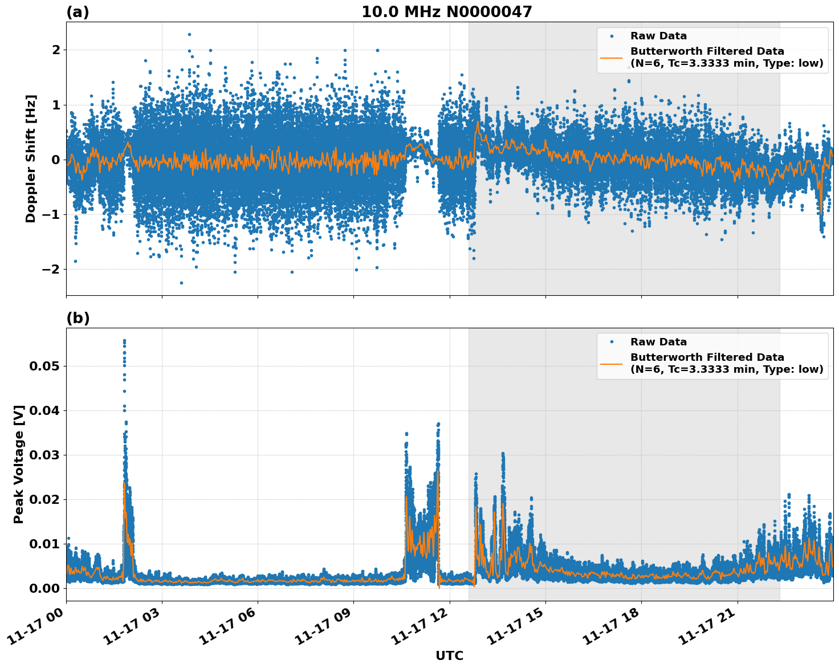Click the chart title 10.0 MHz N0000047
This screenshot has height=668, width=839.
pos(446,12)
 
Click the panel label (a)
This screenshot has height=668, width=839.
pos(78,12)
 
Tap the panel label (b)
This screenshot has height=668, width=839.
pos(78,318)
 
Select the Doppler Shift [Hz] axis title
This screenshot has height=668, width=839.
pos(31,158)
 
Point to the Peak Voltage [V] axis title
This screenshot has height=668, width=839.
pos(19,464)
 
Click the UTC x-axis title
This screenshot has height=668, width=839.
pos(449,655)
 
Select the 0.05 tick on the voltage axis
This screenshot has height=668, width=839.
pos(45,366)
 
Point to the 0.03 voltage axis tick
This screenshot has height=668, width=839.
pos(45,455)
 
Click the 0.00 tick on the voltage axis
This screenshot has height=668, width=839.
pos(45,588)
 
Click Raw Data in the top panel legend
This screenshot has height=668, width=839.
pos(658,36)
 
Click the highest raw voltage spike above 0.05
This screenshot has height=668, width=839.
pos(124,341)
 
